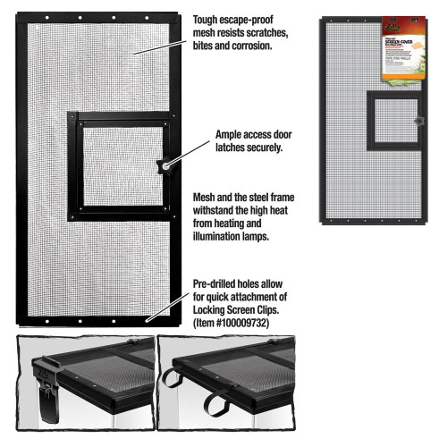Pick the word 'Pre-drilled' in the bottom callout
click(220, 281)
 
